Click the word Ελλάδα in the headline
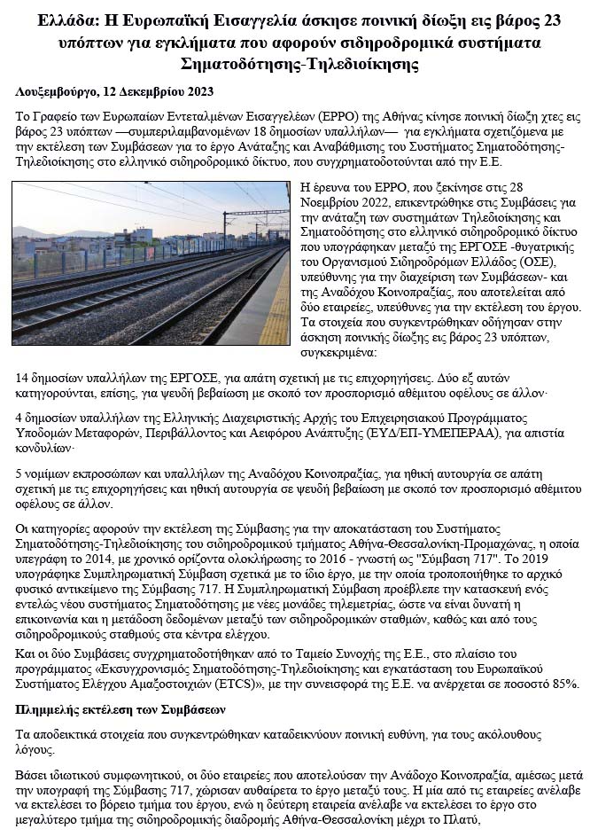66,20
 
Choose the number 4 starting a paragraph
19,417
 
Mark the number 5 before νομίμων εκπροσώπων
19,474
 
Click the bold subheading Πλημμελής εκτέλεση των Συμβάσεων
121,710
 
